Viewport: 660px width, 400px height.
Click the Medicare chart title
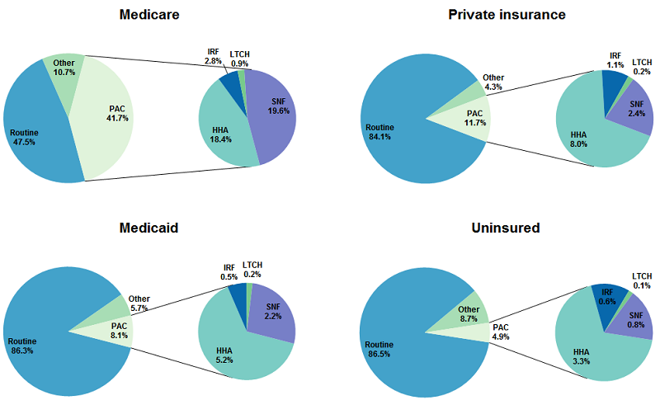[149, 15]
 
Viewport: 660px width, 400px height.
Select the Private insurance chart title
[507, 15]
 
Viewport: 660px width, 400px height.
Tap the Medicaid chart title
[149, 228]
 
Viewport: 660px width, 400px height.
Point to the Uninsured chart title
[506, 228]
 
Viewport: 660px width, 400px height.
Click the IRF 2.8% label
[213, 57]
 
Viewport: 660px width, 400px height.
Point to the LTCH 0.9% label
[240, 59]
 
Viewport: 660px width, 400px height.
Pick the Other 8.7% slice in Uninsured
[469, 313]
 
